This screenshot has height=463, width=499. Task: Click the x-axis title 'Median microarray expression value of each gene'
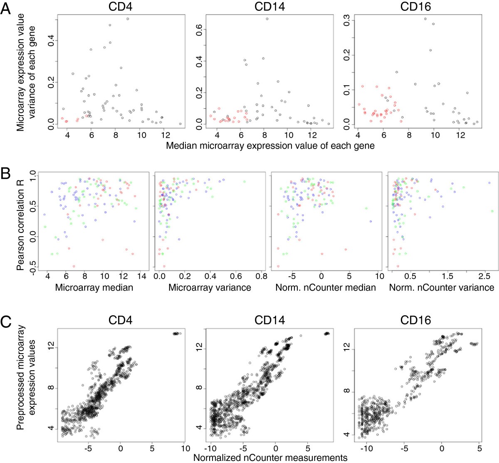(x=270, y=146)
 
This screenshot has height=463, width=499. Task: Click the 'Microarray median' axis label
(x=94, y=287)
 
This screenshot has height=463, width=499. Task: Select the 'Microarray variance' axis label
(x=210, y=287)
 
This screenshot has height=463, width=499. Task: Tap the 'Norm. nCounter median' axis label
(x=326, y=287)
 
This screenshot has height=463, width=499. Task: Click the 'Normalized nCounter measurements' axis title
(x=270, y=458)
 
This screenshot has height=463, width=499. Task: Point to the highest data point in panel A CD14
(x=267, y=19)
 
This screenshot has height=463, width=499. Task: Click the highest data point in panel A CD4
(x=128, y=19)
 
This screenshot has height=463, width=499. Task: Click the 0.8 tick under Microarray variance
(x=261, y=276)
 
